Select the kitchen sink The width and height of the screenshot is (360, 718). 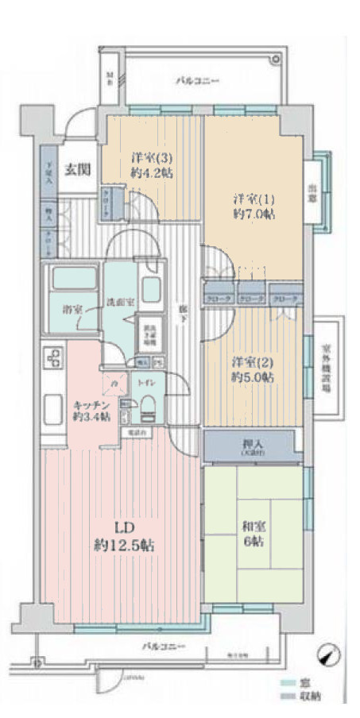(x=54, y=407)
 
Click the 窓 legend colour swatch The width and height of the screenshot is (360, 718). (x=288, y=683)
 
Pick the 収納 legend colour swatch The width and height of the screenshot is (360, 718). (x=288, y=697)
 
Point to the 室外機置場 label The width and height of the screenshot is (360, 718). (x=327, y=362)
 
